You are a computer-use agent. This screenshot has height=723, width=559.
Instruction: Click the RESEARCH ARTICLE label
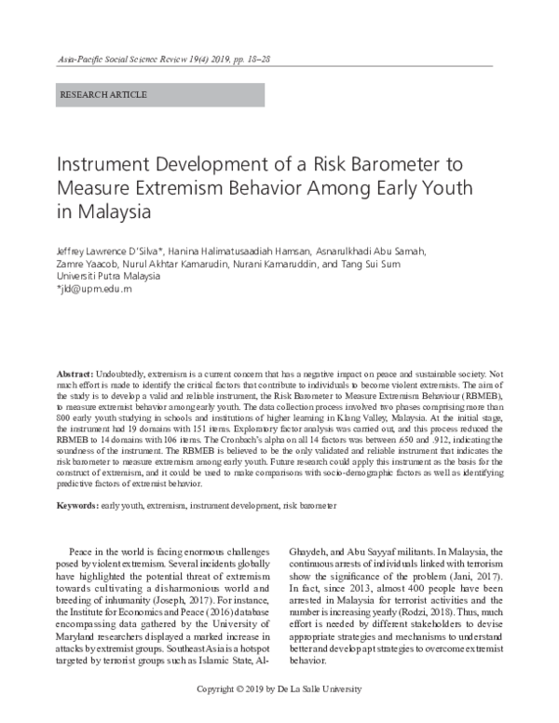pos(102,95)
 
